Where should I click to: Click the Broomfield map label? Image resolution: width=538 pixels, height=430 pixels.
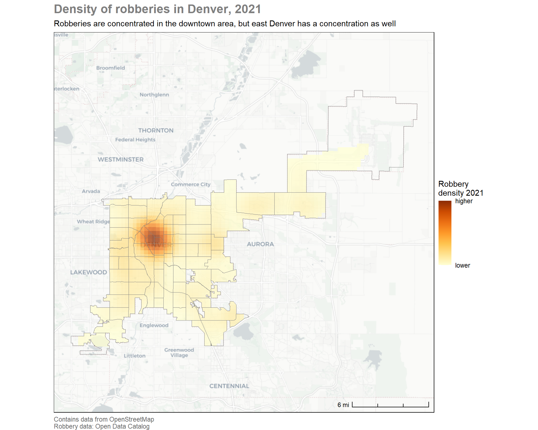110,68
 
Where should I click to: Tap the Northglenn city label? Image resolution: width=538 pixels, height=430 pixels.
154,95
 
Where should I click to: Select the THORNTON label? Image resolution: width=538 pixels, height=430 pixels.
156,130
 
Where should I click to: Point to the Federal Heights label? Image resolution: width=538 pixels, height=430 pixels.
135,139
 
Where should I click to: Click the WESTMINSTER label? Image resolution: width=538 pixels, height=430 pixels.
120,160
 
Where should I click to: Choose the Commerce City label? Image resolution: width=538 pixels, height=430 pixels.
191,184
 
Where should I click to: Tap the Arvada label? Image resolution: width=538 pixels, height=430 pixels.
91,191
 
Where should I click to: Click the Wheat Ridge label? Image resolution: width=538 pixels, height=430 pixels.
93,222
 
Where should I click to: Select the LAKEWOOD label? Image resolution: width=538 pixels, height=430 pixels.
89,272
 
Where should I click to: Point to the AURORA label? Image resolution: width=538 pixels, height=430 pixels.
260,244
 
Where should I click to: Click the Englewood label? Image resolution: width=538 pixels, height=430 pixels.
154,325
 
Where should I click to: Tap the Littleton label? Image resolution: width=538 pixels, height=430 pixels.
134,356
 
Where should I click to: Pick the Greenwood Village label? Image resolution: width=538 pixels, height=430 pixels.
179,353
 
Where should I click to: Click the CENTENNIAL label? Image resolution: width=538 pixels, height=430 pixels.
229,386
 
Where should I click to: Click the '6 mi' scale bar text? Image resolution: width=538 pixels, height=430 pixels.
343,405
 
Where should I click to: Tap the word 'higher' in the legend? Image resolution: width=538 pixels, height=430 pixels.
464,201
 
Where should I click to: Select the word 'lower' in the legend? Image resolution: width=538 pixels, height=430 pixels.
462,265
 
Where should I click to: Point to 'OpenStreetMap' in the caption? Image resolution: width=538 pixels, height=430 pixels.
131,419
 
